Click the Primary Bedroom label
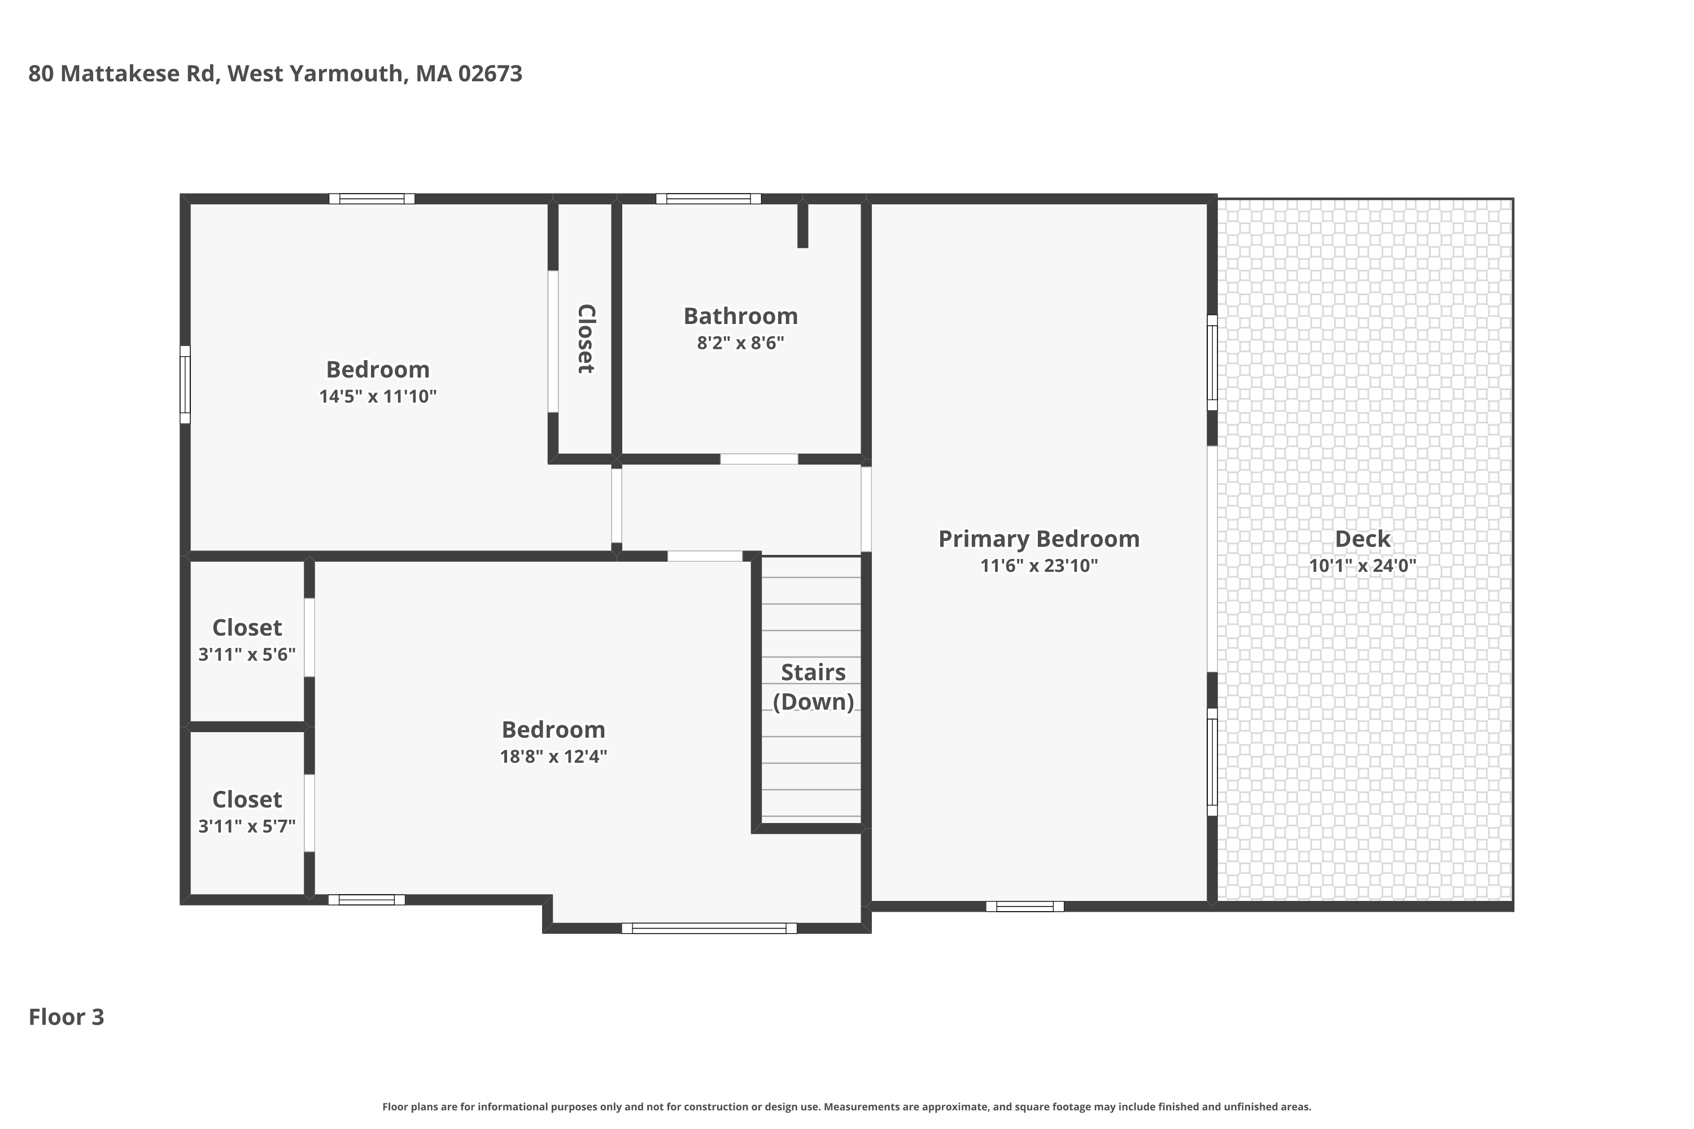(x=1038, y=539)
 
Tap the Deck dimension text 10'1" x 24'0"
(x=1362, y=566)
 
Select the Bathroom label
(x=740, y=316)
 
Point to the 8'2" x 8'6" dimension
(x=740, y=343)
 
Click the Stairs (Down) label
(x=813, y=687)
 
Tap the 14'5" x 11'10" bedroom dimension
(x=378, y=397)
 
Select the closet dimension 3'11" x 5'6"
(x=247, y=654)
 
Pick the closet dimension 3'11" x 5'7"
(x=247, y=826)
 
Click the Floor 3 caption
(x=66, y=1017)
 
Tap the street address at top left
(x=275, y=73)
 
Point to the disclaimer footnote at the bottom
(x=846, y=1106)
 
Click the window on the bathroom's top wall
(x=708, y=199)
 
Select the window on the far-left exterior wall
(x=185, y=384)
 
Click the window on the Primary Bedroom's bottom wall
(x=1024, y=907)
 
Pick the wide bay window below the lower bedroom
(x=709, y=929)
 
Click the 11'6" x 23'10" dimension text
(x=1038, y=566)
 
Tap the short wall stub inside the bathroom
(x=802, y=225)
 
